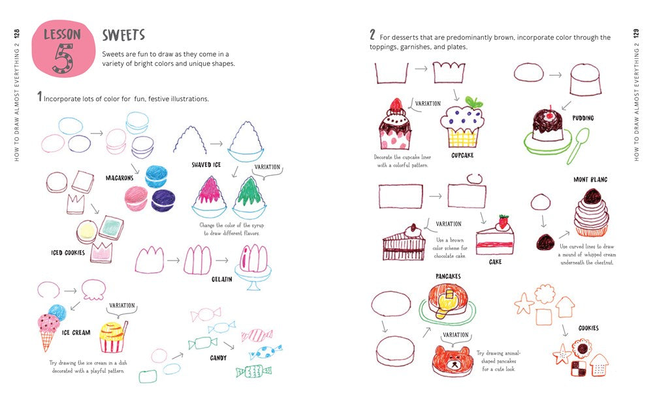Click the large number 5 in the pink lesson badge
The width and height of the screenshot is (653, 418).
(x=61, y=57)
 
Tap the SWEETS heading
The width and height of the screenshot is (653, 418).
(x=123, y=35)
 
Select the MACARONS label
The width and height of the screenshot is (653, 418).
(x=119, y=178)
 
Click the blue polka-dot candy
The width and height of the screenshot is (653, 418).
(x=266, y=353)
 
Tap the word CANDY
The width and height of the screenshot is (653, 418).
(x=218, y=358)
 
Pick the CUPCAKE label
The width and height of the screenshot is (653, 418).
(x=462, y=155)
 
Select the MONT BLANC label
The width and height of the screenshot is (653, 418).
(x=590, y=179)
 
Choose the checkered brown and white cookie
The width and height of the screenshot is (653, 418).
(x=578, y=368)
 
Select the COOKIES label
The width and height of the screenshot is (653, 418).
(x=588, y=329)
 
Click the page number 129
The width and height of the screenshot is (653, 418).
(x=635, y=33)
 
